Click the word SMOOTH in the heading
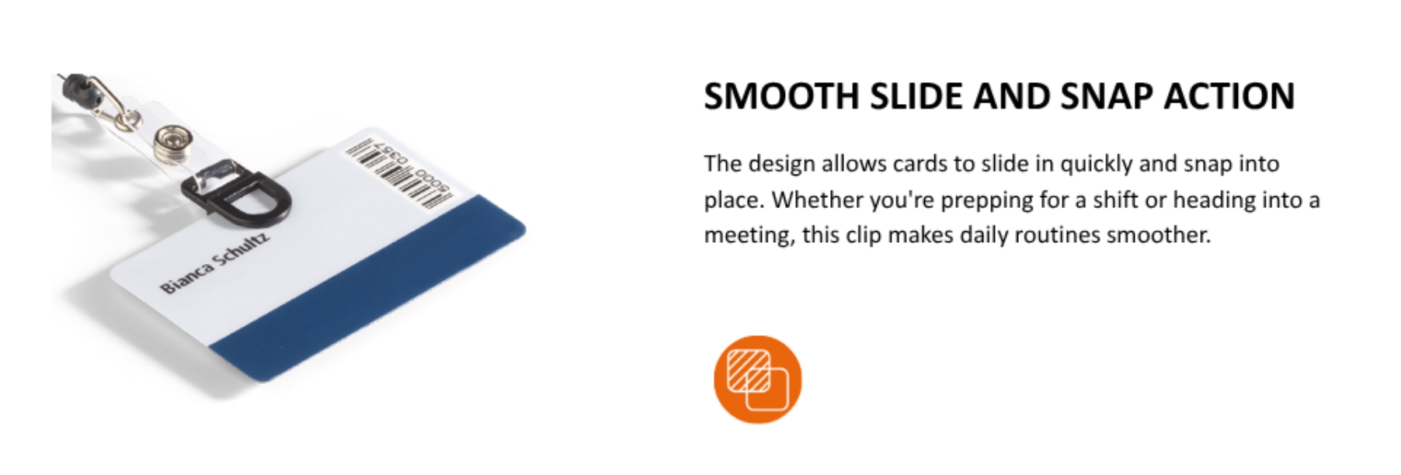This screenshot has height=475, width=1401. (780, 97)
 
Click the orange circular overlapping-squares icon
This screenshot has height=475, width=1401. (757, 380)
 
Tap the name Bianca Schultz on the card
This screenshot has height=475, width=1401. (215, 262)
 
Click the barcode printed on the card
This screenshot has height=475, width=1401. (398, 174)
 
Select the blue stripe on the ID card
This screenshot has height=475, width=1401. (369, 291)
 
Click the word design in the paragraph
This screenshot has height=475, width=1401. (781, 165)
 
